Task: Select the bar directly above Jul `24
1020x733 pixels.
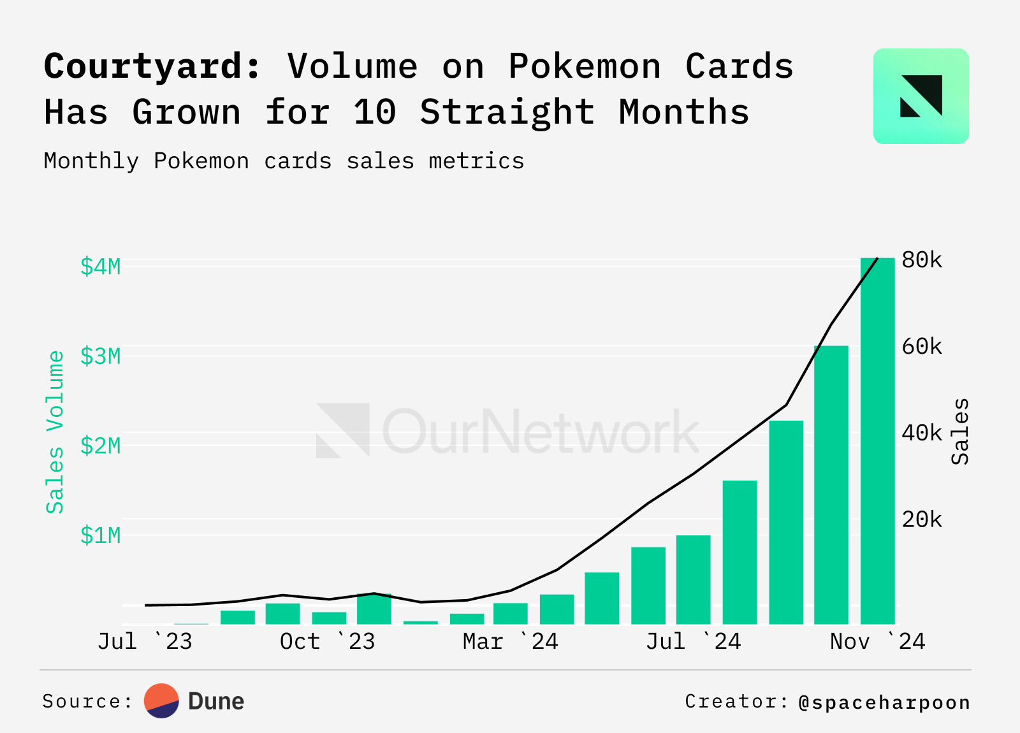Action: point(694,579)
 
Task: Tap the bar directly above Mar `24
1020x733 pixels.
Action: point(511,613)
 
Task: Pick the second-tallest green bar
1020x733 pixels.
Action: point(831,484)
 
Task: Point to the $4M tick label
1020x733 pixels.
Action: point(100,266)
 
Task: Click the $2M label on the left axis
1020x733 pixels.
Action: point(100,446)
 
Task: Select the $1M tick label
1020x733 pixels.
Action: point(100,535)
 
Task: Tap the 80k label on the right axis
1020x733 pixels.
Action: point(922,260)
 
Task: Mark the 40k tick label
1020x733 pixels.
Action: point(922,433)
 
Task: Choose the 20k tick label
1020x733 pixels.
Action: point(922,520)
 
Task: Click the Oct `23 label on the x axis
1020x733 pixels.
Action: point(327,641)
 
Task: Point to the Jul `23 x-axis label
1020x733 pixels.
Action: point(145,641)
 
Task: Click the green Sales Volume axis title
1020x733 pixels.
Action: point(55,432)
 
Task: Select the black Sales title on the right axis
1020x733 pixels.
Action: point(959,432)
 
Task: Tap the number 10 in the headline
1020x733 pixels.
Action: point(375,112)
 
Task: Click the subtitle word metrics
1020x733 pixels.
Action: point(476,161)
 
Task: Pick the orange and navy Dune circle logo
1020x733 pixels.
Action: point(162,701)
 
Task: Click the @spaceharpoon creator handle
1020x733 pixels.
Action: point(884,702)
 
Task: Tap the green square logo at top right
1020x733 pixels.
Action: point(921,96)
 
